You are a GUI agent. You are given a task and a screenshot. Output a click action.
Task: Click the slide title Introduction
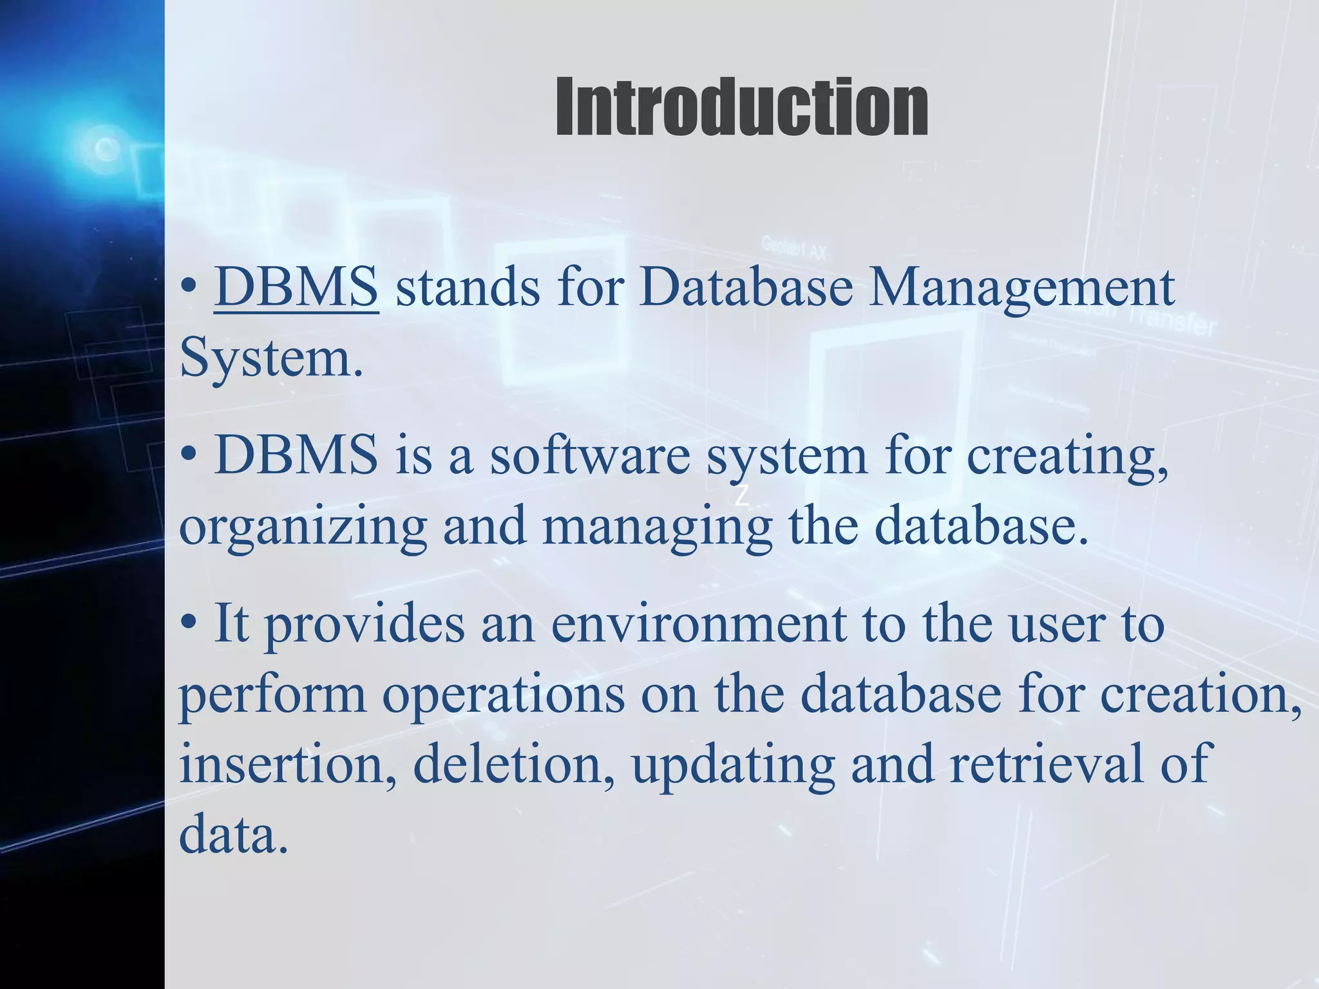(741, 107)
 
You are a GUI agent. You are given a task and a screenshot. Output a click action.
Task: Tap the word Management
(1021, 287)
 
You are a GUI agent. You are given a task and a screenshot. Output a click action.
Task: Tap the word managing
(657, 527)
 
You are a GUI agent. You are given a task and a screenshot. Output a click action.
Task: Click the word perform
(272, 695)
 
